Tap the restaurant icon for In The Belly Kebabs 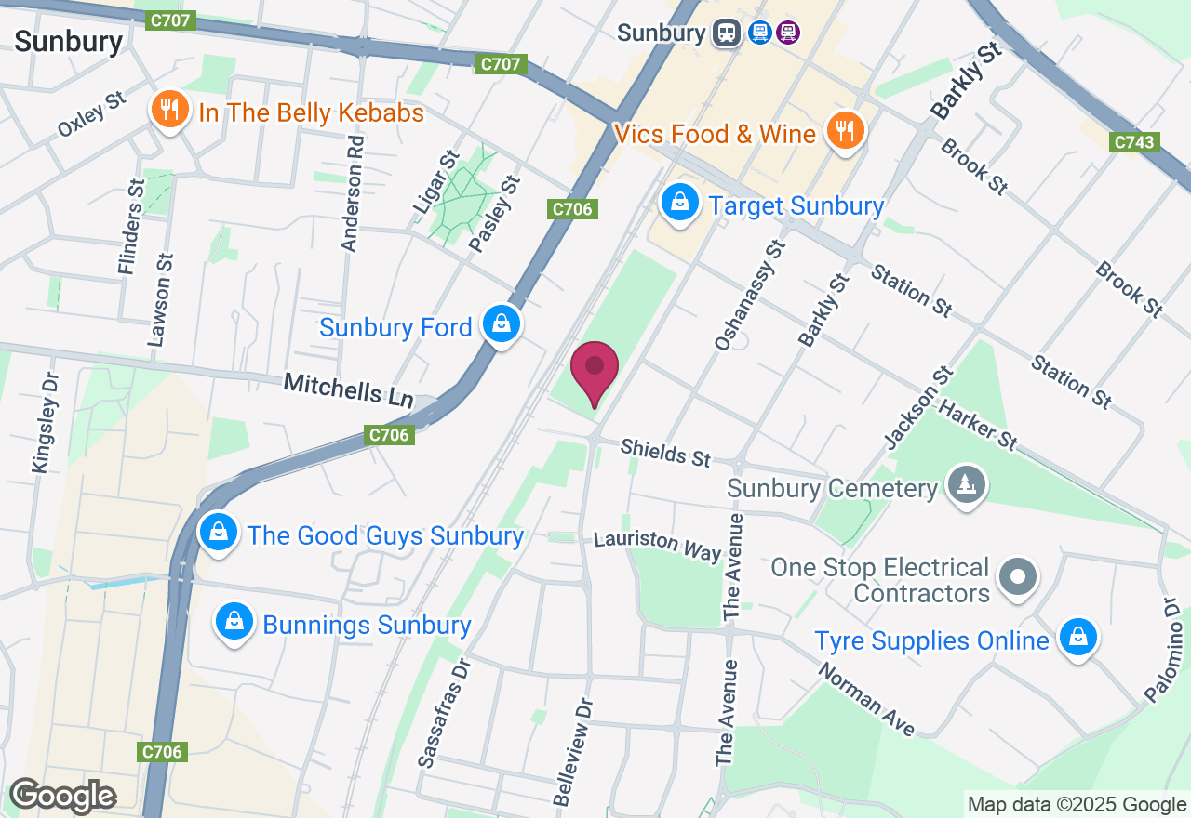168,111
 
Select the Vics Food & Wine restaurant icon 844,131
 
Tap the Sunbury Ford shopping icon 502,324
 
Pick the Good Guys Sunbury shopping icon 218,534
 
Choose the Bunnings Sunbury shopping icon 234,623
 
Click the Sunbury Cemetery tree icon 967,484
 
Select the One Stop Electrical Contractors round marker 1018,577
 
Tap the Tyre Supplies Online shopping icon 1077,639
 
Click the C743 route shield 1134,142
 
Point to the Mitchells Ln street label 348,389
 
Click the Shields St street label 665,453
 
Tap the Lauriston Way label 657,545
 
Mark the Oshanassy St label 750,295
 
